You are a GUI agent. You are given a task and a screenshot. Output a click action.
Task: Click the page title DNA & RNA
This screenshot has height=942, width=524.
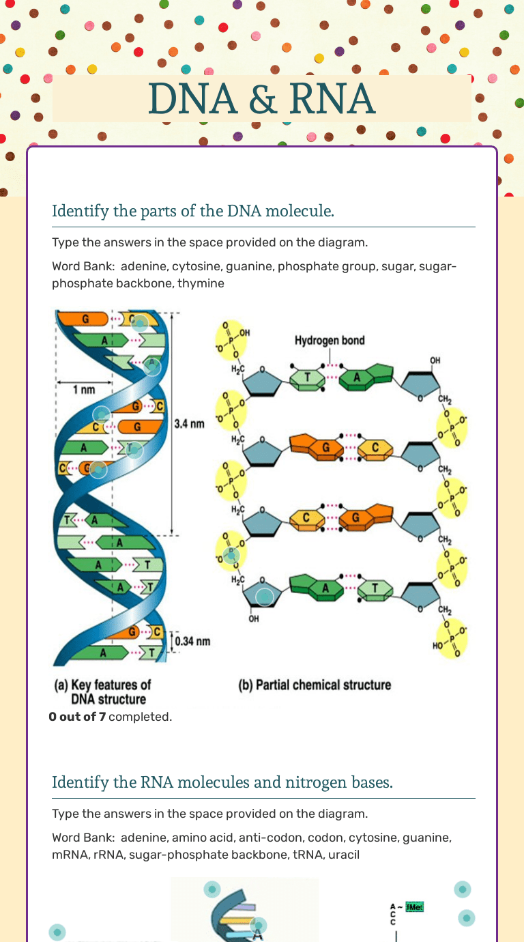click(x=261, y=99)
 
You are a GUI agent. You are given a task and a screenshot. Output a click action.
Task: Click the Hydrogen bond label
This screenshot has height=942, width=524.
click(x=330, y=340)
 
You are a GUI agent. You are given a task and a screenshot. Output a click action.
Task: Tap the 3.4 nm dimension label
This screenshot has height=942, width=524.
click(x=189, y=424)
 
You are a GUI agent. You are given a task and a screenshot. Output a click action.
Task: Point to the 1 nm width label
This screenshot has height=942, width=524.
click(x=84, y=390)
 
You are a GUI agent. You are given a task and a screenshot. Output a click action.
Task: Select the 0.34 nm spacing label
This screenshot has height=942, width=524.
click(x=192, y=641)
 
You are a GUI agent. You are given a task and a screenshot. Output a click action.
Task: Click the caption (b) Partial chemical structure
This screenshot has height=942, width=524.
click(x=315, y=685)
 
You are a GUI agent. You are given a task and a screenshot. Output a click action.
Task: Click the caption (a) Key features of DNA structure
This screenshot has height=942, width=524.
click(x=102, y=691)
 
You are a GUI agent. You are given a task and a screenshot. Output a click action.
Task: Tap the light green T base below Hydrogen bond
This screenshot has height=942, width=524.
click(x=307, y=378)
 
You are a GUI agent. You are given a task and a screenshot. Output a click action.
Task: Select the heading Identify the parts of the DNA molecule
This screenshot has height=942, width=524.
click(x=193, y=211)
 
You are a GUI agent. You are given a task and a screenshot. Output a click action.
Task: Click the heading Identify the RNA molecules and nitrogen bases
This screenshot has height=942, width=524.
click(x=222, y=782)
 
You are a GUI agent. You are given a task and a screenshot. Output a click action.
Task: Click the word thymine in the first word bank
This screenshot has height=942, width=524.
click(x=201, y=283)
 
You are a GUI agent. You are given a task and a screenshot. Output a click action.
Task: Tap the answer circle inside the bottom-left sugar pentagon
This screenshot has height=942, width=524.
click(x=264, y=597)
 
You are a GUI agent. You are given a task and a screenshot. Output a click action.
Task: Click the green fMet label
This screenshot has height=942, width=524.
click(x=414, y=907)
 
